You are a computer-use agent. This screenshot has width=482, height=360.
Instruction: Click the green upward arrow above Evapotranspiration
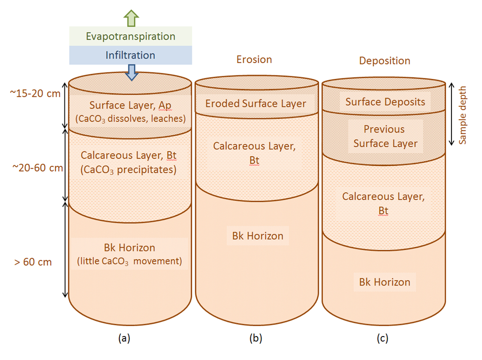130,17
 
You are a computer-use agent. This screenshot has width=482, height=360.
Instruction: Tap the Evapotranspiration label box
130,36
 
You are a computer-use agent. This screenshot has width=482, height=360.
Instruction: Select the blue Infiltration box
130,55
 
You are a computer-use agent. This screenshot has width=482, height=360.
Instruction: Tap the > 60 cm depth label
33,262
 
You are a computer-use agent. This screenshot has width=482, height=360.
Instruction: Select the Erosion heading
254,59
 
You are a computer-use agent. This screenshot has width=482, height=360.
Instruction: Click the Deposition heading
385,61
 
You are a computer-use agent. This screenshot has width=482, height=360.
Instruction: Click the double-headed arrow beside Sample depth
452,113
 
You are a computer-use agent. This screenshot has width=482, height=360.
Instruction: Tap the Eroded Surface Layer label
256,104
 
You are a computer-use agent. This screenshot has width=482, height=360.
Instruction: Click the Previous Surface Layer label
384,136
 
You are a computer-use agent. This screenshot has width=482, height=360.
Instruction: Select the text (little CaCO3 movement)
129,260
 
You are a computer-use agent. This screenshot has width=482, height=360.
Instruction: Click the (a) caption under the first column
123,338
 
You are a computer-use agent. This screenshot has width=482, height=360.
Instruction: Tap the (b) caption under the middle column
256,338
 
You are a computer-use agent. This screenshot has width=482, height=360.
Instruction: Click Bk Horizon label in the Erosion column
257,236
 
